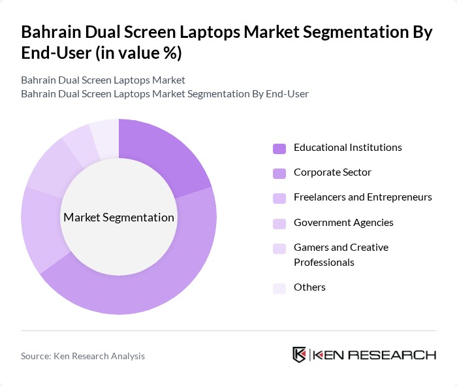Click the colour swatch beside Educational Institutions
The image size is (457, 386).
[279, 148]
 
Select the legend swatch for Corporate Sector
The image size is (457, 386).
[279, 173]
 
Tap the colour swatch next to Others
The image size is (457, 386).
[279, 288]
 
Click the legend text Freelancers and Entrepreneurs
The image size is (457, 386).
[363, 197]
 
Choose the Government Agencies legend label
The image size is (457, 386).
[343, 223]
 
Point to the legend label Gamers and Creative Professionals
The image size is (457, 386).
[341, 255]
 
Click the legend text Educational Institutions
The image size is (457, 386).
[348, 148]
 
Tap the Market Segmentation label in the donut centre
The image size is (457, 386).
[119, 217]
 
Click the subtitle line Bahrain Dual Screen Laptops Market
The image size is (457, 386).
[103, 80]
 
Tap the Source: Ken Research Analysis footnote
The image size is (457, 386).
[83, 356]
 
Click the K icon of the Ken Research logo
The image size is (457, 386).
[299, 355]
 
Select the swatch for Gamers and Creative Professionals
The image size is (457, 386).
[279, 248]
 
